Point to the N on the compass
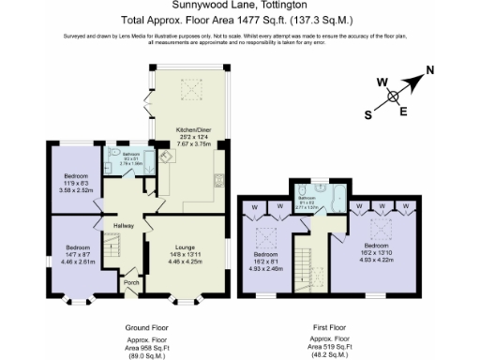[430, 69]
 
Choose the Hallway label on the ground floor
[125, 226]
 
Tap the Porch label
[130, 281]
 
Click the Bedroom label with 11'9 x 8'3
[76, 176]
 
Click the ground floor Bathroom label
[130, 155]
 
